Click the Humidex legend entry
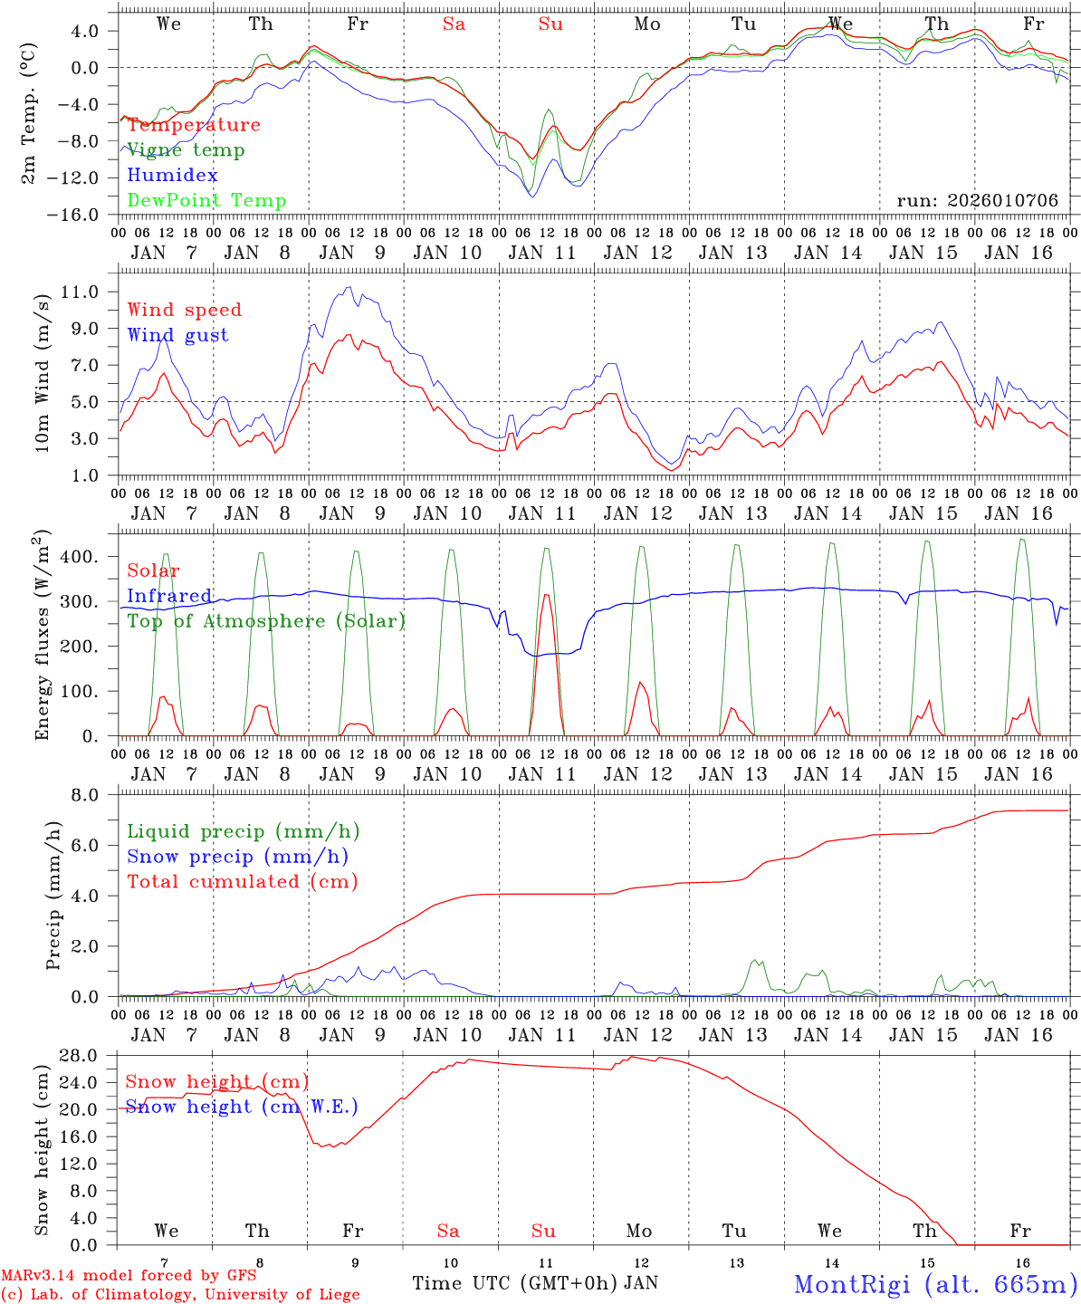[172, 176]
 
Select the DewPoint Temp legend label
[206, 201]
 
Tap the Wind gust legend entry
[177, 335]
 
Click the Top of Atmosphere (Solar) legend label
[266, 621]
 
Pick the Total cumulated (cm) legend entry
[243, 882]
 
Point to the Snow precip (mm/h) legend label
[237, 857]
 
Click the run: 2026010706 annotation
[977, 201]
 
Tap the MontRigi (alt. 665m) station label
[935, 1283]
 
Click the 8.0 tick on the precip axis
[94, 795]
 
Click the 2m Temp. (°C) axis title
[29, 113]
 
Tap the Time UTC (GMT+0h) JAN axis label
[534, 1283]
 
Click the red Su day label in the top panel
[550, 24]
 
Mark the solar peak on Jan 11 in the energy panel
[546, 595]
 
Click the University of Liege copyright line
[180, 1295]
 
